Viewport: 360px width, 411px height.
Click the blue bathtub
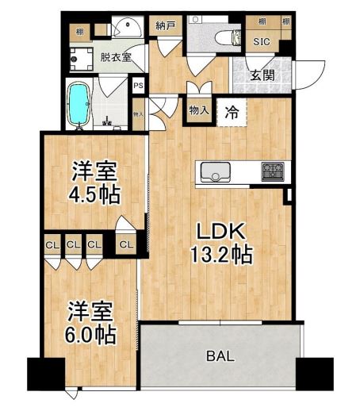79,104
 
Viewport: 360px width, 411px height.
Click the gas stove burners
272,171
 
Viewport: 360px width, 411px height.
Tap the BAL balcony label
220,356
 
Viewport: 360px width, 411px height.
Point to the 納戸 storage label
165,25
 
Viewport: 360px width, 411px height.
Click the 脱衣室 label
115,56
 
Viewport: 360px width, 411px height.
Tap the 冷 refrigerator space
232,112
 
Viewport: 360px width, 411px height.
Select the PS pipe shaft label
138,86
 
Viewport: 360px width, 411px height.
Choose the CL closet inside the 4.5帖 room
126,244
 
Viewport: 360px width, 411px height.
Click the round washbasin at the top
127,29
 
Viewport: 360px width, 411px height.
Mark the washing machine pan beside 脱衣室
81,57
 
